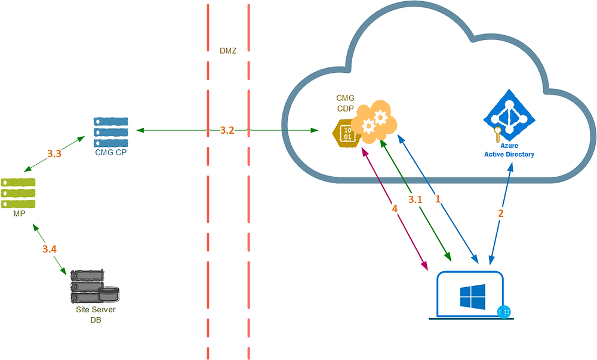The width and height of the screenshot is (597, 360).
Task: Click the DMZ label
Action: [228, 51]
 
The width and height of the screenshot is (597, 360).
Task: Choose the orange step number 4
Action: [395, 210]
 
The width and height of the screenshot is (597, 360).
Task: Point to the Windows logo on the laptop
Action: [472, 294]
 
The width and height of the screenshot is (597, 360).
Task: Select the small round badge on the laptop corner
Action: [504, 312]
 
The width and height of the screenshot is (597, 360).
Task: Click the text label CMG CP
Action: [111, 152]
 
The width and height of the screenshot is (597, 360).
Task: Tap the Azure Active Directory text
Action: [509, 150]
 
